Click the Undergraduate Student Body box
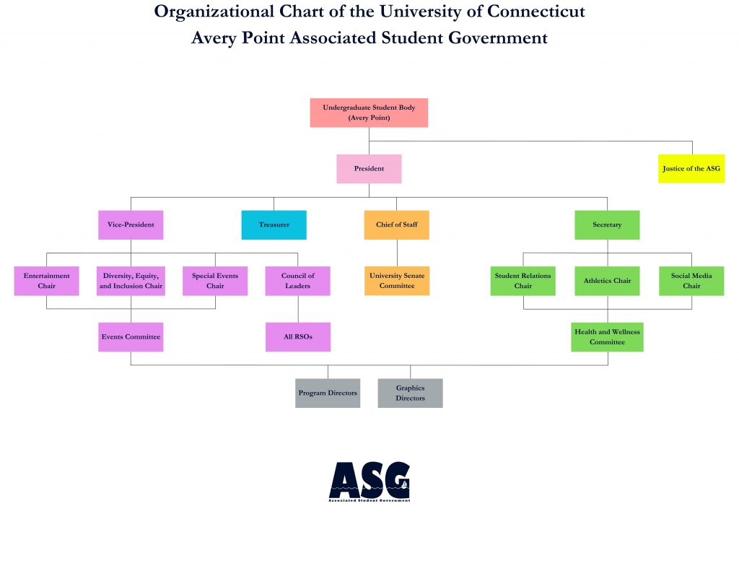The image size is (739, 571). [369, 113]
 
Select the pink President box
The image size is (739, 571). [369, 169]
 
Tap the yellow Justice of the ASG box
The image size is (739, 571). [691, 169]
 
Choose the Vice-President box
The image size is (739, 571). [131, 225]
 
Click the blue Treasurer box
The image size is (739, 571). [274, 225]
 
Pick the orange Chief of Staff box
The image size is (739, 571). [397, 225]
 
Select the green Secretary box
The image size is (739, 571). [607, 225]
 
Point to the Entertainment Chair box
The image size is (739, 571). [46, 281]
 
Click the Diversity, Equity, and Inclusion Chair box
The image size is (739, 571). [131, 281]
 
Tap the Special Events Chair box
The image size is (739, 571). [215, 281]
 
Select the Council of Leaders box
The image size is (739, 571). [298, 281]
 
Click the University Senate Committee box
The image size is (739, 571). [397, 281]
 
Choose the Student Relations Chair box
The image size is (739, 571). [523, 281]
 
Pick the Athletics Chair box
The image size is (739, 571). [607, 281]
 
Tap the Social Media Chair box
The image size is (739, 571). [691, 281]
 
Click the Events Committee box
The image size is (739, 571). [131, 337]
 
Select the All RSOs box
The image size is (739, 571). [298, 337]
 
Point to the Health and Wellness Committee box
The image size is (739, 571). [607, 337]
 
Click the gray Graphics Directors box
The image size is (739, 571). [410, 393]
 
